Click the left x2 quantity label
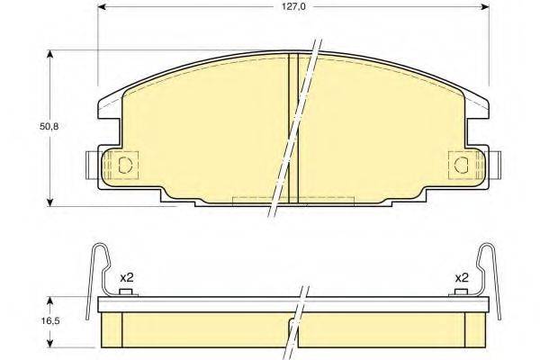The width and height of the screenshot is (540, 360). coord(128,278)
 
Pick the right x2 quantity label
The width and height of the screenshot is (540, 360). coord(462,278)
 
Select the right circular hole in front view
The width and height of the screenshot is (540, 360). coord(462,164)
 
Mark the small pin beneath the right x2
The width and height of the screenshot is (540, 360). coord(460,292)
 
